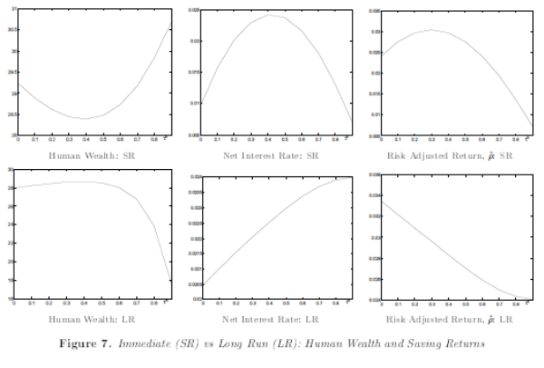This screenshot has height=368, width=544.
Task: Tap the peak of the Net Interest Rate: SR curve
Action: (269, 15)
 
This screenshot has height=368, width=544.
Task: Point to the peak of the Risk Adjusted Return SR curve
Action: (432, 30)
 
